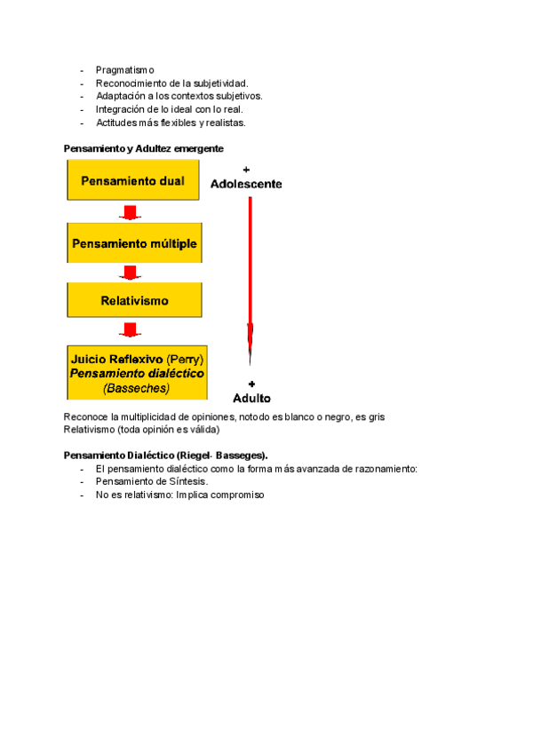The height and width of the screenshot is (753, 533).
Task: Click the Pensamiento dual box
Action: point(132,181)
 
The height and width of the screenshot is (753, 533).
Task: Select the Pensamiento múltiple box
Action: point(132,243)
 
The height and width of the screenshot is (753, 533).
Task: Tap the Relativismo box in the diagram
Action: point(132,301)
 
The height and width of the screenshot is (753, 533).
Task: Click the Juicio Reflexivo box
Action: point(137,373)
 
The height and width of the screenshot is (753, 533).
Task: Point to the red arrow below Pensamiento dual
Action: point(131,213)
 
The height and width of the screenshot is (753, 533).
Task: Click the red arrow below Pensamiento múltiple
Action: point(131,272)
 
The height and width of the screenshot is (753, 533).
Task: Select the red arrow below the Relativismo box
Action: point(131,330)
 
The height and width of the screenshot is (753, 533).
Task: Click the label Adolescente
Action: point(246,184)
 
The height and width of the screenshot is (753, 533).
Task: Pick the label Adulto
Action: point(251,398)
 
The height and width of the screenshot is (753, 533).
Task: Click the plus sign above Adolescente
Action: point(246,169)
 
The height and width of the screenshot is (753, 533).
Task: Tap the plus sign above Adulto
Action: point(251,383)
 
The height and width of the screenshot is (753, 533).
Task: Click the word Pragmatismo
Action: point(124,69)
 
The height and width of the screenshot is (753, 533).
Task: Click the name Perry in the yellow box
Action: point(186,360)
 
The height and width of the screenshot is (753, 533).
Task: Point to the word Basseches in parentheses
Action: point(136,388)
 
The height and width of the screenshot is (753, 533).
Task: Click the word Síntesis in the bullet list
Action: point(187,481)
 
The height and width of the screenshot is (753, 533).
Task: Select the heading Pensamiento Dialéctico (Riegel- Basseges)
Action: point(165,456)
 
